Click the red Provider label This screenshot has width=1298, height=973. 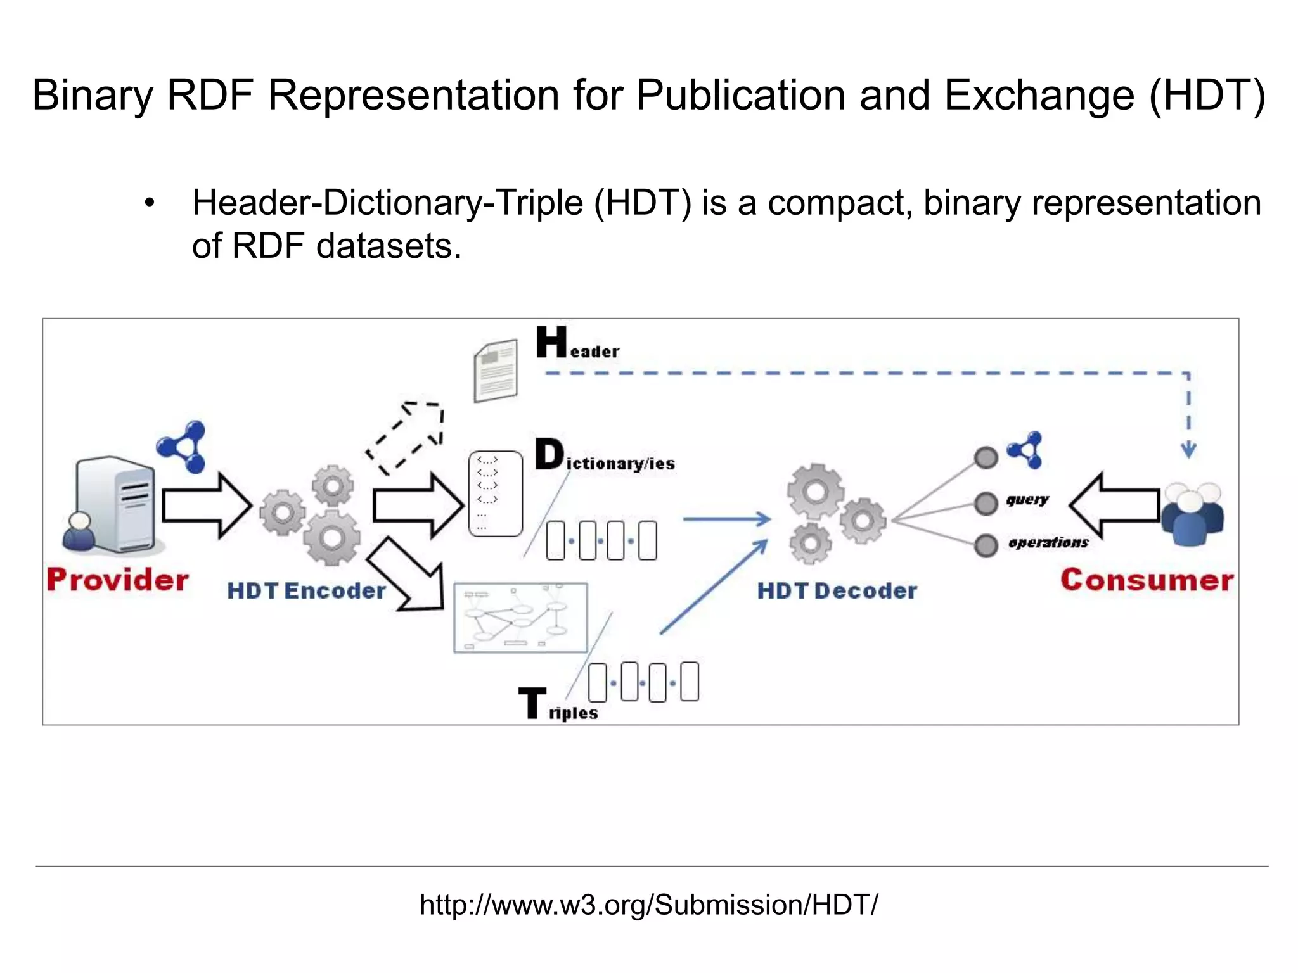[118, 580]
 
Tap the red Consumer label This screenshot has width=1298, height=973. [1147, 580]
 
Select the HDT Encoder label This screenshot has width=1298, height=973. [306, 591]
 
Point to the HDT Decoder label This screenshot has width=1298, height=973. [837, 591]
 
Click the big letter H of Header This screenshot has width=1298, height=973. [551, 342]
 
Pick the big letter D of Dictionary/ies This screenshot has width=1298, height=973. [549, 454]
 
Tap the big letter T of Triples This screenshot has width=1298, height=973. [532, 703]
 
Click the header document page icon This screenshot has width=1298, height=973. [496, 371]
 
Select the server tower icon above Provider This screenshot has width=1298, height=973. [114, 504]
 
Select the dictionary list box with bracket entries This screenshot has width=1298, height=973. [495, 494]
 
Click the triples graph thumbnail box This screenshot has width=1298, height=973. [520, 618]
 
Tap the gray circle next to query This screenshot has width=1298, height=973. [986, 504]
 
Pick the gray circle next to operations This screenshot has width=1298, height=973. [986, 545]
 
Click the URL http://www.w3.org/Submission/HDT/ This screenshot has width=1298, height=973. [648, 905]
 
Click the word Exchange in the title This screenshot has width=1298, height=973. [1039, 95]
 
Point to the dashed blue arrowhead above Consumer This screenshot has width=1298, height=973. [1188, 450]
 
